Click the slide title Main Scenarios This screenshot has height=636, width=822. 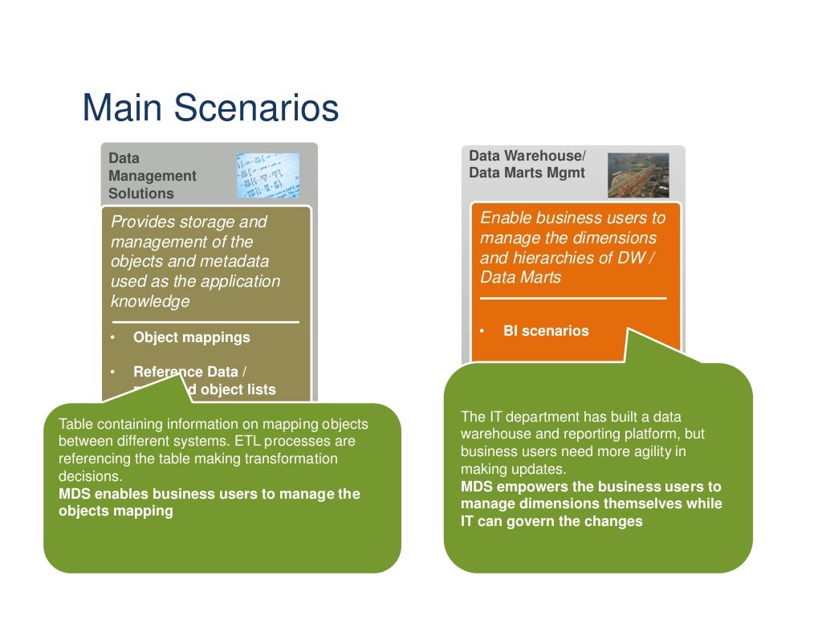210,108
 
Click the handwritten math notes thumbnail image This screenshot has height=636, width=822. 267,176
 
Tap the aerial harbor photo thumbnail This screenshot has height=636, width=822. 637,175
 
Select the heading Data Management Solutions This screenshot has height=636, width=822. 152,176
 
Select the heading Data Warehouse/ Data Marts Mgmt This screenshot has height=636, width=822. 527,164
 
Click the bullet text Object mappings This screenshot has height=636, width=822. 191,337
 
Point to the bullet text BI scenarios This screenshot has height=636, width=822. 546,330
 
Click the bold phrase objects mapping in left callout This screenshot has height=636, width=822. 116,511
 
